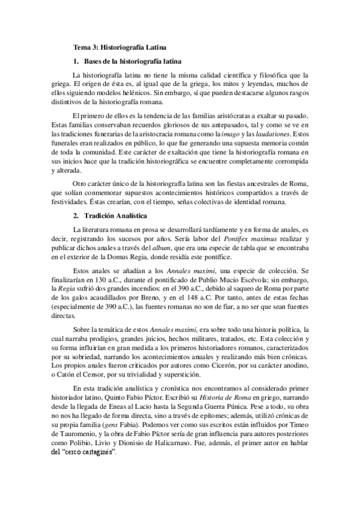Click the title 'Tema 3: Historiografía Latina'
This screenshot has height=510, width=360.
point(120,46)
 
